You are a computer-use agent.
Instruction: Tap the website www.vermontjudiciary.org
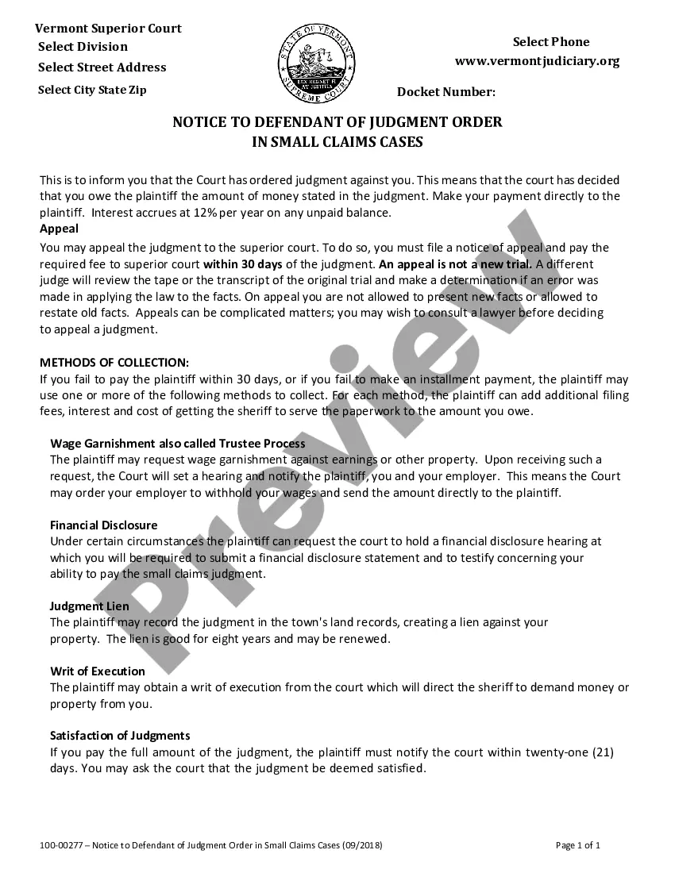(x=537, y=61)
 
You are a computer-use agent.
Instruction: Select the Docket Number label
(x=446, y=92)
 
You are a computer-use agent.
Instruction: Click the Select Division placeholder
(x=83, y=47)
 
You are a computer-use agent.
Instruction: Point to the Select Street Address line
(x=102, y=67)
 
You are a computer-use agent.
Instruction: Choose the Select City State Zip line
(x=92, y=90)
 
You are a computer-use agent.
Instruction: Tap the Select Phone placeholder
(x=551, y=42)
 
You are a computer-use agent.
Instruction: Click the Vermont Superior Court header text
(x=108, y=29)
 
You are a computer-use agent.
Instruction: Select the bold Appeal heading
(x=59, y=229)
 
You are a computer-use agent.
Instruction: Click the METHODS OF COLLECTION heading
(x=114, y=363)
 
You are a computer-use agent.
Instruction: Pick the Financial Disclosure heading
(x=103, y=525)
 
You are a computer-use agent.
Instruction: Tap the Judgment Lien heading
(x=90, y=606)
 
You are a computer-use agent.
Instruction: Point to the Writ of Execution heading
(x=98, y=671)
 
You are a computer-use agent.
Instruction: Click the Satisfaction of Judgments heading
(x=120, y=735)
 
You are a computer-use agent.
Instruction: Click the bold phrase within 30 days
(x=243, y=263)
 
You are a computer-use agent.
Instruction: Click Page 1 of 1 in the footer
(x=578, y=845)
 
